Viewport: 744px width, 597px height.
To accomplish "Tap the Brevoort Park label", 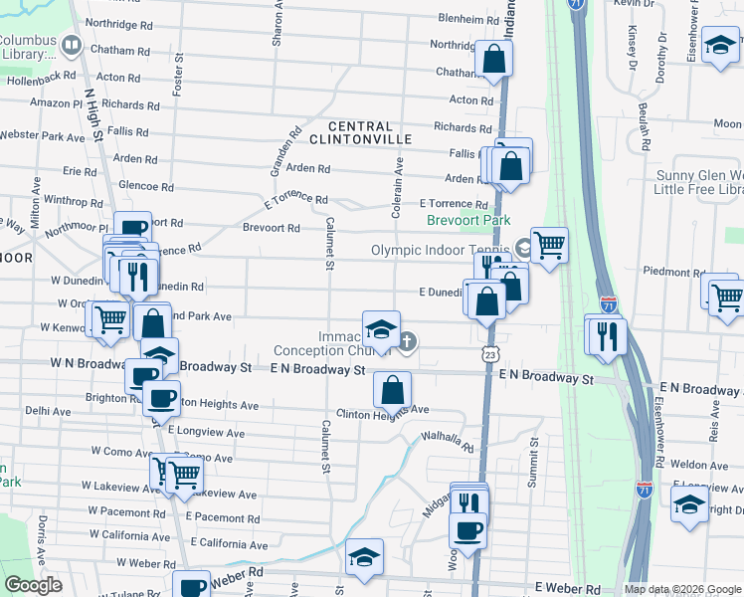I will (x=467, y=220).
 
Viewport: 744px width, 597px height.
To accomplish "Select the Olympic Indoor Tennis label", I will (x=441, y=250).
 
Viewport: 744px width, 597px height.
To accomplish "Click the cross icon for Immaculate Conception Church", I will (x=408, y=341).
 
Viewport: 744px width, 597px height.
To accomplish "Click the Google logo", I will (x=33, y=585).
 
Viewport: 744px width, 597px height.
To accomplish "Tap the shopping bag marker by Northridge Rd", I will (x=493, y=59).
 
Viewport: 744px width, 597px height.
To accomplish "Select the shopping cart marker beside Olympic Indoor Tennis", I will (x=549, y=243).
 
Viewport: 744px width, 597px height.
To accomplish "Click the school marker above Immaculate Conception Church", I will (x=381, y=328).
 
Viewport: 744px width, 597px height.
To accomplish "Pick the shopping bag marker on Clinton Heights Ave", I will (x=393, y=389).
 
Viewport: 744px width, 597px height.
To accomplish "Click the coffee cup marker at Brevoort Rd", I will (x=132, y=229).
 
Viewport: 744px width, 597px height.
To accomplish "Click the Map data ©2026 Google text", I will (x=682, y=589).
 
